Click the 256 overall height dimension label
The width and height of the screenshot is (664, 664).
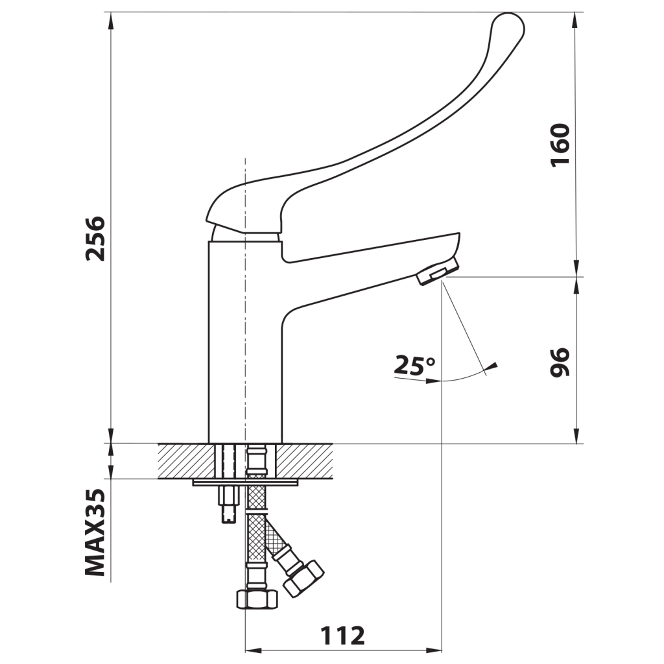pyautogui.click(x=95, y=239)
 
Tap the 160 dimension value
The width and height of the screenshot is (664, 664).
pyautogui.click(x=560, y=145)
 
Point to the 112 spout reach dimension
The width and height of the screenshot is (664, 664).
pyautogui.click(x=342, y=635)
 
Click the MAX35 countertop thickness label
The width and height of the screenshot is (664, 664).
pyautogui.click(x=95, y=532)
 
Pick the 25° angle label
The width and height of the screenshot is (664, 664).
pyautogui.click(x=414, y=366)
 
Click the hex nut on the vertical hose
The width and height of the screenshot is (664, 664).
pyautogui.click(x=257, y=599)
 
